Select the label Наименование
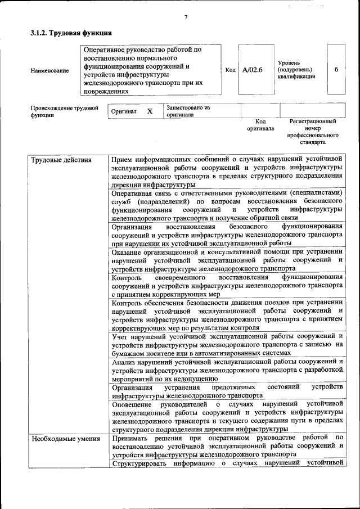tap(50, 70)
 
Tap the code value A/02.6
tap(253, 70)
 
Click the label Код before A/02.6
tap(230, 70)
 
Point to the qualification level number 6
tap(336, 70)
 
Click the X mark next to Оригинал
tap(150, 111)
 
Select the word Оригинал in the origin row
tap(124, 111)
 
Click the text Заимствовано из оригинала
tap(188, 110)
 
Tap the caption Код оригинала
tap(260, 124)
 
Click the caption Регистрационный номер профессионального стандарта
tap(312, 132)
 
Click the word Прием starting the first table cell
tap(124, 160)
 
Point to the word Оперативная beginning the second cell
tap(133, 192)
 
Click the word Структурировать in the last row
tap(140, 463)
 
